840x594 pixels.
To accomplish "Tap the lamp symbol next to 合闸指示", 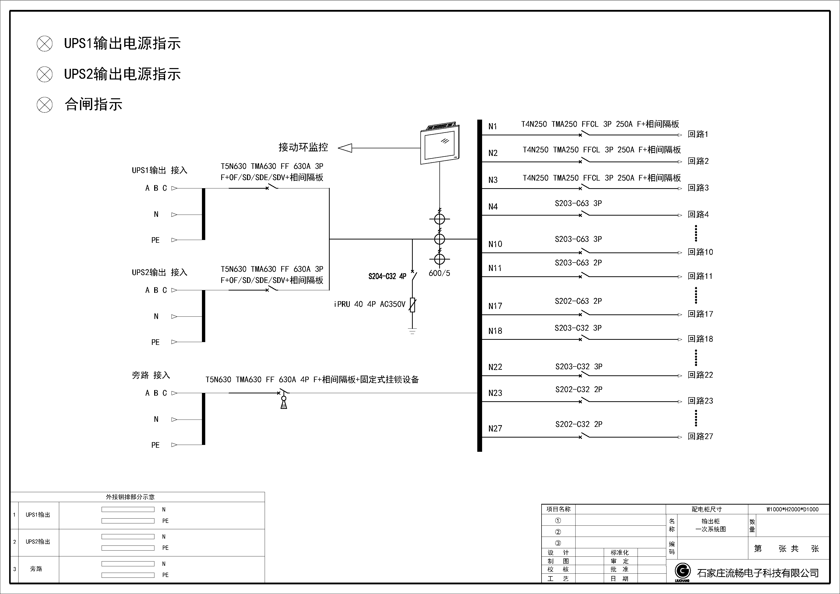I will click(x=45, y=105).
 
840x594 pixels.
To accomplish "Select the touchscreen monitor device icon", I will click(x=440, y=144).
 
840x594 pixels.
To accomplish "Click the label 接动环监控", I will click(x=303, y=147).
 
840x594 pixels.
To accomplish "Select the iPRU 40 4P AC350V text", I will click(x=370, y=304).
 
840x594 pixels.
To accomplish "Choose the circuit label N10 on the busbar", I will click(x=495, y=244).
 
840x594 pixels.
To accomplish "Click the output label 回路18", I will click(x=700, y=339).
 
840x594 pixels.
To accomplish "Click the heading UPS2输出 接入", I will click(x=160, y=272).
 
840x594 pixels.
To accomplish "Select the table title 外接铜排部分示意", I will click(x=130, y=497).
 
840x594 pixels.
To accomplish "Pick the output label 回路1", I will click(x=698, y=135).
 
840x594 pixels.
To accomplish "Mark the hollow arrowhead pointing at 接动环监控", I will click(x=345, y=148).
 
